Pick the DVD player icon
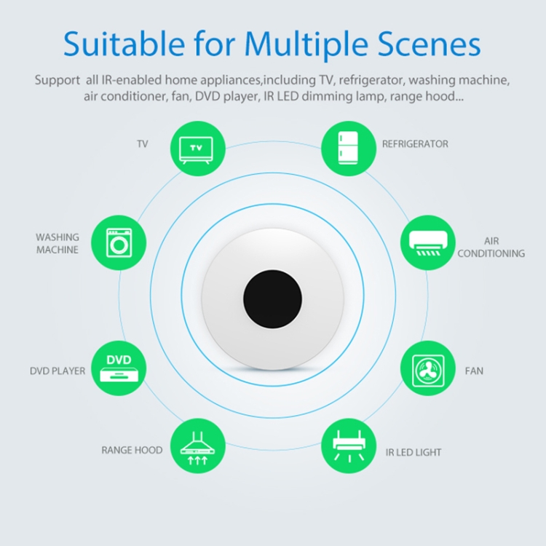[119, 370]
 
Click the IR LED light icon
[348, 446]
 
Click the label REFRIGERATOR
[415, 144]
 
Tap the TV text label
[142, 144]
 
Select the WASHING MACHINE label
[58, 244]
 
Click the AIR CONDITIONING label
[492, 248]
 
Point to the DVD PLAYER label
[58, 371]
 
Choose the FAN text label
[474, 371]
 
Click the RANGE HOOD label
[132, 451]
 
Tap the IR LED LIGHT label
[414, 453]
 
